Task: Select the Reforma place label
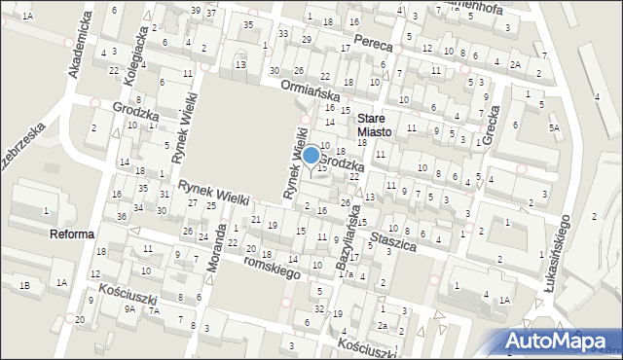72,234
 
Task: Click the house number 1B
26,284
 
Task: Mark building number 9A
129,308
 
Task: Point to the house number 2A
515,64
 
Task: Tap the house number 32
319,308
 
